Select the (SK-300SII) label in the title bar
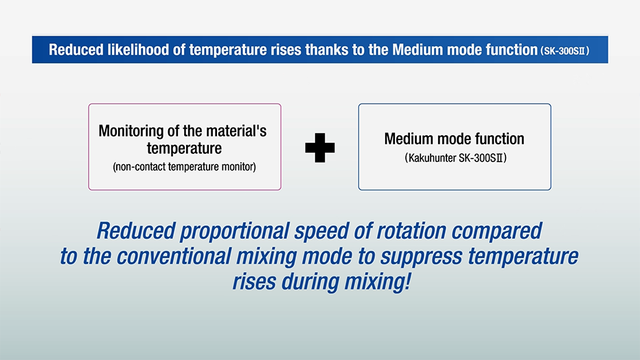(564, 51)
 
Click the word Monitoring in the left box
(131, 131)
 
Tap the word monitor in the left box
(239, 166)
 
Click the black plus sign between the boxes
(320, 148)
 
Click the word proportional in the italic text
(235, 231)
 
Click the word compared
(496, 232)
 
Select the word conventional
(174, 256)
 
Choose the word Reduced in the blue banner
(76, 49)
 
